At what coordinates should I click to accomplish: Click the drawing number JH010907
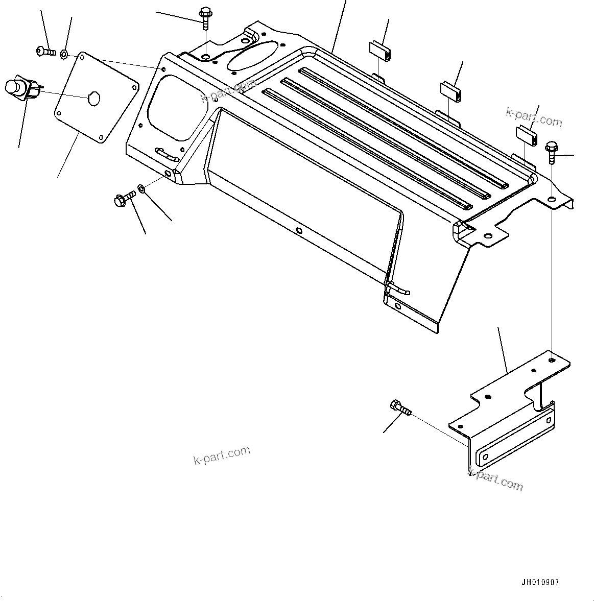point(540,583)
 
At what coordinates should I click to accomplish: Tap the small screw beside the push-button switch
point(45,51)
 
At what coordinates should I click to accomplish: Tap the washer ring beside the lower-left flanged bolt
point(142,190)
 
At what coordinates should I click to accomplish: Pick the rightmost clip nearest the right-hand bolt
point(526,136)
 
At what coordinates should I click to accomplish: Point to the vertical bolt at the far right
point(552,152)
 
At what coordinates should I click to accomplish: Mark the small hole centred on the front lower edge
point(299,231)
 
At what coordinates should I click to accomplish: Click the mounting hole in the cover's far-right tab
point(552,199)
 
